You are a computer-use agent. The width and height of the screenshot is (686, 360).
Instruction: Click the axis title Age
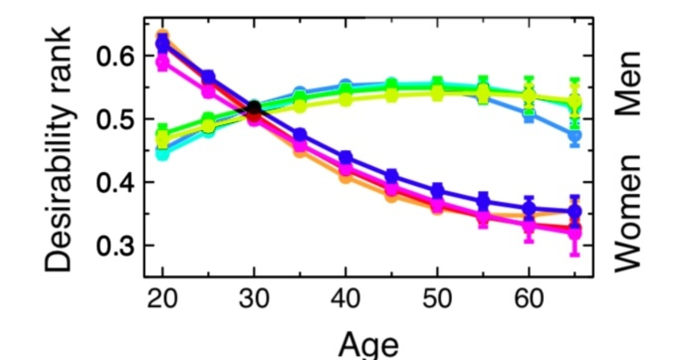pyautogui.click(x=368, y=344)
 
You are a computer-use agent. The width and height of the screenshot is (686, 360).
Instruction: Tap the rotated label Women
pyautogui.click(x=629, y=211)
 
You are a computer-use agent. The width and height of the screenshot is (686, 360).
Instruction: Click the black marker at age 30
pyautogui.click(x=254, y=107)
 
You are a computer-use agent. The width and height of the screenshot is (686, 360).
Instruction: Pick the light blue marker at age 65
pyautogui.click(x=575, y=136)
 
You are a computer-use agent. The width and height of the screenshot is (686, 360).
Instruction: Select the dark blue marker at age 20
pyautogui.click(x=162, y=43)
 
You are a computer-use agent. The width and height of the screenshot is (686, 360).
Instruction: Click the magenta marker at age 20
pyautogui.click(x=162, y=61)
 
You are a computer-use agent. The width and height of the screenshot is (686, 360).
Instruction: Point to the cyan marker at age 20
pyautogui.click(x=162, y=153)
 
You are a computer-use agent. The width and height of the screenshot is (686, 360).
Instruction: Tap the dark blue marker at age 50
pyautogui.click(x=437, y=191)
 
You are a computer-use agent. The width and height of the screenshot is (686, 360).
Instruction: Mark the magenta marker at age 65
pyautogui.click(x=575, y=233)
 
